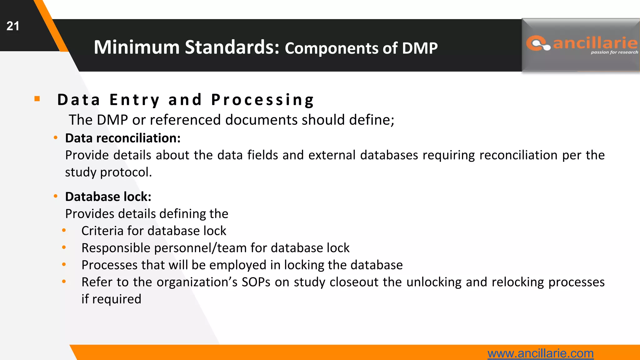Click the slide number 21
tap(13, 26)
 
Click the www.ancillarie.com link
tap(540, 353)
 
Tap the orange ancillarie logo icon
tap(538, 43)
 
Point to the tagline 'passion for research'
tap(614, 52)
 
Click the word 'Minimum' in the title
tap(137, 47)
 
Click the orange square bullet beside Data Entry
tap(37, 99)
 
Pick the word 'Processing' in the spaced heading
tap(262, 100)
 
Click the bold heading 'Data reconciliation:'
tap(123, 138)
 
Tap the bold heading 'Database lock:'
tap(108, 197)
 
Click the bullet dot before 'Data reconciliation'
tap(56, 137)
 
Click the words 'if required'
tap(111, 299)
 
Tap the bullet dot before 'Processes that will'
tap(64, 265)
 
